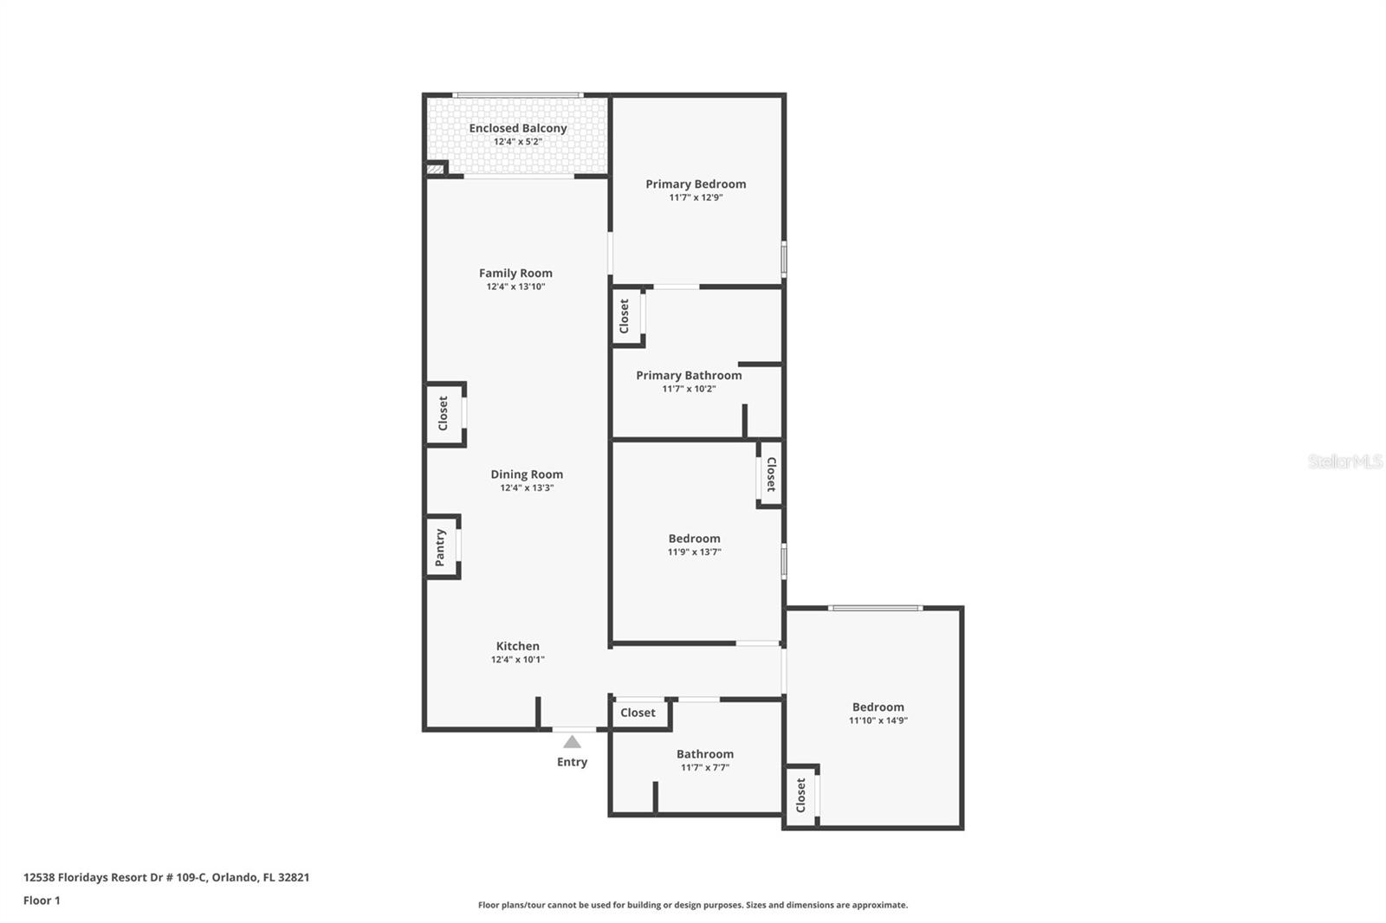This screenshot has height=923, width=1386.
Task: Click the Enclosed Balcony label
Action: [518, 128]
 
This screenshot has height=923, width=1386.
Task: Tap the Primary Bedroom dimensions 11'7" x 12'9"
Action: [696, 197]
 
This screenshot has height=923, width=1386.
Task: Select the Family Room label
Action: [515, 273]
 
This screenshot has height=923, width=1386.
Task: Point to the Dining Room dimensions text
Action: [527, 487]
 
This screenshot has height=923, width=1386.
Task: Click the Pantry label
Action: [440, 547]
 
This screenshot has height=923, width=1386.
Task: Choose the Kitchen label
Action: [518, 646]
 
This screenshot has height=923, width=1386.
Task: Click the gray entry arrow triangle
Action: [573, 741]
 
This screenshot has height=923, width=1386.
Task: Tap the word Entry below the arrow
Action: [573, 762]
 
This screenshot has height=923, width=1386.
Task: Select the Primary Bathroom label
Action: [689, 375]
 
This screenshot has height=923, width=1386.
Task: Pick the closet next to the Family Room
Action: [443, 413]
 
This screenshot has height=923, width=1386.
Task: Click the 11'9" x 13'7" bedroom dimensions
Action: [694, 552]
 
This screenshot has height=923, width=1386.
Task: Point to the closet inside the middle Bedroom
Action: [771, 474]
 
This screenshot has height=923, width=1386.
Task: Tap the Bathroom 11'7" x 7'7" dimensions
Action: [705, 767]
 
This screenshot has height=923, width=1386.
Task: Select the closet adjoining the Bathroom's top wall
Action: [638, 713]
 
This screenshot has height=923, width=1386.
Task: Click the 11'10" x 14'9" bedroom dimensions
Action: [878, 720]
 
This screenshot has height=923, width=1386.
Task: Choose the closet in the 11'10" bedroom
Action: [801, 795]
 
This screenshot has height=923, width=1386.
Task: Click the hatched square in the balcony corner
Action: [436, 169]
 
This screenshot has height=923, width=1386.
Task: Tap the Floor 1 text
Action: [42, 900]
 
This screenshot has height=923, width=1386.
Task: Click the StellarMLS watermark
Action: [1345, 461]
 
